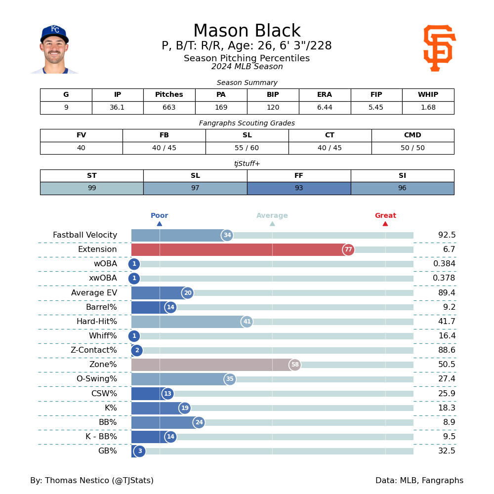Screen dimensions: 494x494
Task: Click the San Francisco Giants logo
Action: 439,48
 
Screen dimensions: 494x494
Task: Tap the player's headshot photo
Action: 54,49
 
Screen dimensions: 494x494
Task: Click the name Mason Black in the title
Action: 247,31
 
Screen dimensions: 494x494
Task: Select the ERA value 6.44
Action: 325,108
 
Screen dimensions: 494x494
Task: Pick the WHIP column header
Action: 428,95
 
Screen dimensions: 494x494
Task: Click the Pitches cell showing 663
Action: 169,108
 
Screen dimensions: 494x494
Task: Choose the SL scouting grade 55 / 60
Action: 247,148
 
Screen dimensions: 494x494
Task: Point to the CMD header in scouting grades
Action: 412,135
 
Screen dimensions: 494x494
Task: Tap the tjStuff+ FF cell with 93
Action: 299,188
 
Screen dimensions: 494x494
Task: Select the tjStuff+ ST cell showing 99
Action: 92,188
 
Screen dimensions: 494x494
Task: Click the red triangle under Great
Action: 385,224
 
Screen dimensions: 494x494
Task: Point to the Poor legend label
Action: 159,216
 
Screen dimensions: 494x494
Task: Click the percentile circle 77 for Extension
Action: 348,250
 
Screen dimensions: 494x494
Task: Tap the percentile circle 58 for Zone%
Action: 295,365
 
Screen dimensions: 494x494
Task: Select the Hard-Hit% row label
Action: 97,322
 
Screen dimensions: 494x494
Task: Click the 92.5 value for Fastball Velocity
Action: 447,235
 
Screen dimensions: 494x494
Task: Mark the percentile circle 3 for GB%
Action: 140,451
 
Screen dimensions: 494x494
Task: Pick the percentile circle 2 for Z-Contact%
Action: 137,351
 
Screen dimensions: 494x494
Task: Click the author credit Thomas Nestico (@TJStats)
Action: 92,481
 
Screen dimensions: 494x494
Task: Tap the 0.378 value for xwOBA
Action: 444,279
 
